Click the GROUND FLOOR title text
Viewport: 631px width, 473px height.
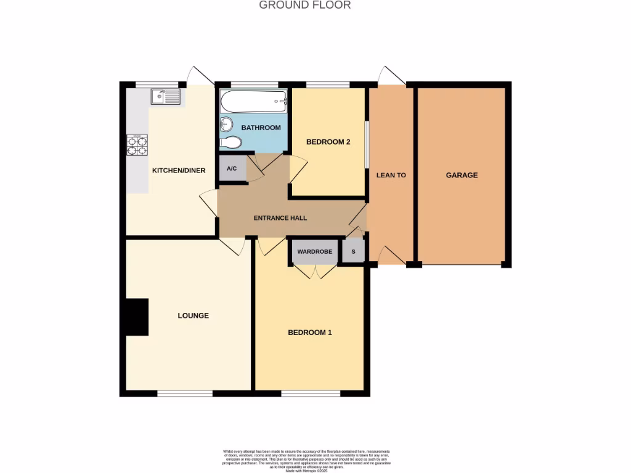[304, 6]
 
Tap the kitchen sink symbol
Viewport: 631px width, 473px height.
[165, 97]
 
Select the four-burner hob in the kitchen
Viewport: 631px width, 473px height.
[137, 145]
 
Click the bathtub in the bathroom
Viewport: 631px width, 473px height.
[254, 101]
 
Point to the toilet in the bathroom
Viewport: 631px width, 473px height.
[230, 143]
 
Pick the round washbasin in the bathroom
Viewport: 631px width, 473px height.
[226, 124]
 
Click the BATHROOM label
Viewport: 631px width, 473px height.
[261, 128]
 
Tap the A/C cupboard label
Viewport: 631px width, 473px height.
[232, 169]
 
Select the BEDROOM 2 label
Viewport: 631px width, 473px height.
[328, 142]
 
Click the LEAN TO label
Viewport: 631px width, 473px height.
[391, 176]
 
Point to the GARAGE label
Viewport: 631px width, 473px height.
[462, 176]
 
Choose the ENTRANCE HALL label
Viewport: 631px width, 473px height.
[280, 218]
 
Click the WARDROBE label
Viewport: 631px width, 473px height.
[315, 251]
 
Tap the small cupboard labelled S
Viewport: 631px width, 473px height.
[353, 251]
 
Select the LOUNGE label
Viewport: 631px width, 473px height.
[193, 316]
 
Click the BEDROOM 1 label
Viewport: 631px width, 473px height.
[310, 333]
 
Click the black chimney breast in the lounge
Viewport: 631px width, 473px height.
[137, 317]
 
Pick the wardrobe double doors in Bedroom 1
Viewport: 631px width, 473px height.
[315, 272]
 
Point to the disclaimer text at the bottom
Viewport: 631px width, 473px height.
[306, 460]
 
